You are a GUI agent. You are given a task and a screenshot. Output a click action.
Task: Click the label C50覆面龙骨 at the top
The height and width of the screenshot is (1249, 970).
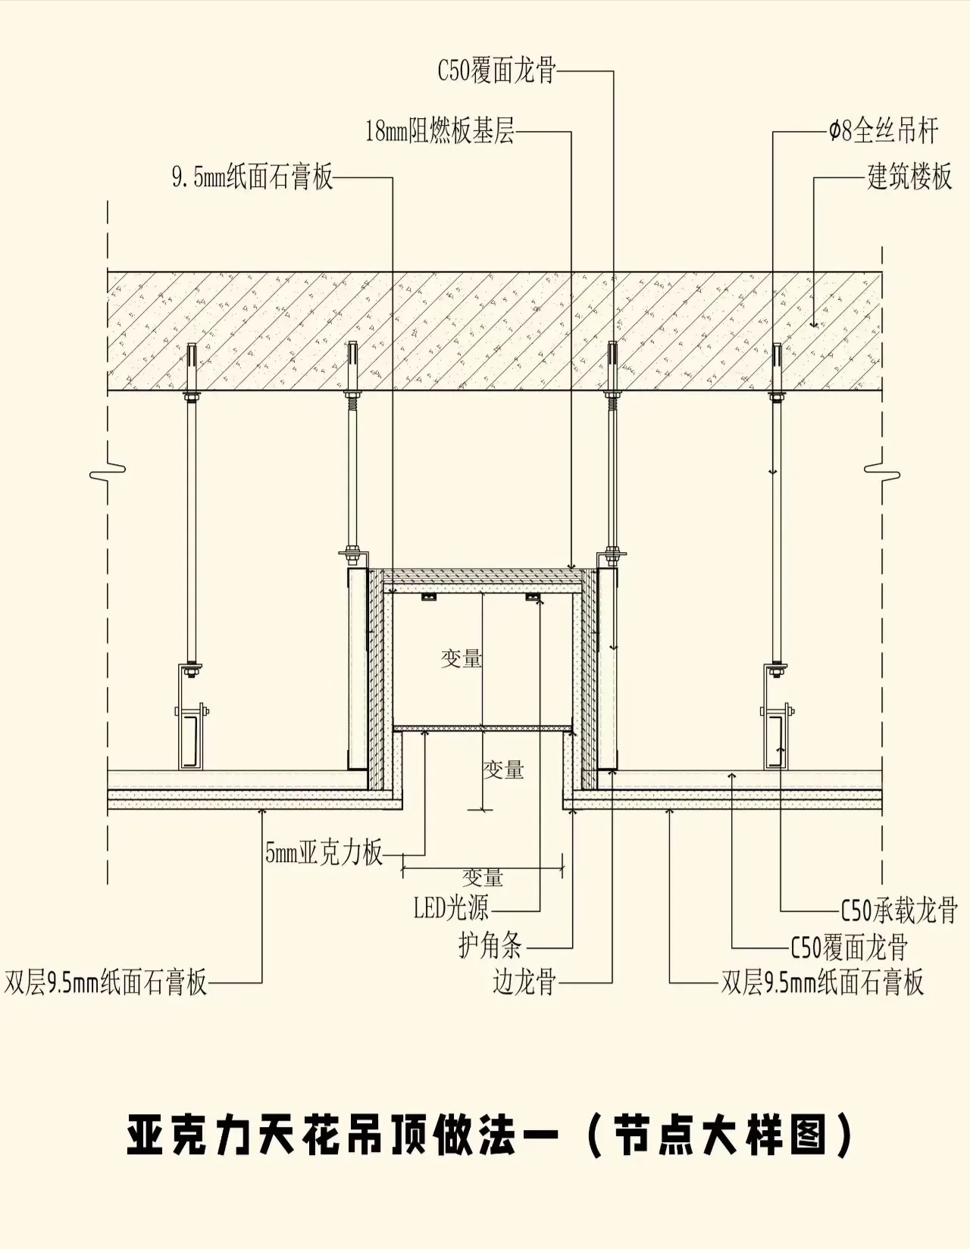coord(497,71)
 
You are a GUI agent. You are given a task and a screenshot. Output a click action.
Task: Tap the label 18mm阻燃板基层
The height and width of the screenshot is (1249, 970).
coord(440,131)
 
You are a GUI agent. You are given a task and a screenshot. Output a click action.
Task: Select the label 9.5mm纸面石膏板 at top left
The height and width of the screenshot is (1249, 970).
coord(252,177)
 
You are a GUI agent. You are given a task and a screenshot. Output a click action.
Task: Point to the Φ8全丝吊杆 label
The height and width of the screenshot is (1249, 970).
coord(884,131)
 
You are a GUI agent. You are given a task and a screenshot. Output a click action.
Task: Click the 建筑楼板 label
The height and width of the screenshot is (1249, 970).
coord(909,177)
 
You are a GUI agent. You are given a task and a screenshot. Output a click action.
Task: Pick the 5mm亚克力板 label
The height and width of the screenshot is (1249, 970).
coord(324,853)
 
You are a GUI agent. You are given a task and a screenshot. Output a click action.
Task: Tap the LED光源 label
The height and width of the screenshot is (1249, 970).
coord(451,907)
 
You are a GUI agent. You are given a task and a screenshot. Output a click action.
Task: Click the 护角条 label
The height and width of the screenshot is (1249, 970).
coord(490,945)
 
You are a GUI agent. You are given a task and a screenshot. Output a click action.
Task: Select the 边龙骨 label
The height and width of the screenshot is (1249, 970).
coord(524,982)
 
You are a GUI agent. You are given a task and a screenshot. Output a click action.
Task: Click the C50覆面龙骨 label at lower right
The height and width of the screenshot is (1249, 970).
coord(849,947)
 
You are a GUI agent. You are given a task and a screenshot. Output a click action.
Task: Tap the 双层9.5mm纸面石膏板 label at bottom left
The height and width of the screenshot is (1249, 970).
coord(105,982)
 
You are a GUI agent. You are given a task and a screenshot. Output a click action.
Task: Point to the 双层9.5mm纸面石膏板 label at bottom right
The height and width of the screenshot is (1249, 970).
coord(822,982)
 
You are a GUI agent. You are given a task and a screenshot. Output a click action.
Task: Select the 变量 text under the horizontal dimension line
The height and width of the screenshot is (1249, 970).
coord(483,878)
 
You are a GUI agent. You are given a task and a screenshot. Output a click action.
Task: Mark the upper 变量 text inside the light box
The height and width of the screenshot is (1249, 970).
coord(462,658)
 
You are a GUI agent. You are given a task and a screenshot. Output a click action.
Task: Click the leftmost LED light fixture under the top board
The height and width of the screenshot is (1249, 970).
coord(429,598)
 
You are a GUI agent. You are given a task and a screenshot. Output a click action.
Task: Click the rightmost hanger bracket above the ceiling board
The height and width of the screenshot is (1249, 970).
coord(777,717)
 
